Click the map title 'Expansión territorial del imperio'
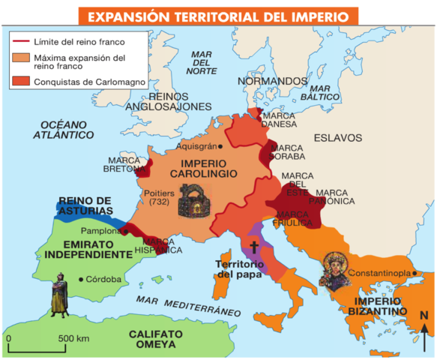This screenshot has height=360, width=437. tap(218, 16)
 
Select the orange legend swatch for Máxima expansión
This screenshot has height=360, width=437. tap(20, 57)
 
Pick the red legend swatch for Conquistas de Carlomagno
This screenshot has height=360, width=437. tap(20, 81)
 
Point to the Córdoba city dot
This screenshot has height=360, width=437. tap(81, 280)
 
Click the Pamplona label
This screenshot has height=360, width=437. tap(100, 231)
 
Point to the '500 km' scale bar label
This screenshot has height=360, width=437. tap(73, 338)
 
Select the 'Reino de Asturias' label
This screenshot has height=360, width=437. tap(85, 205)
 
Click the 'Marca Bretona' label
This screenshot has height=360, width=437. tap(124, 164)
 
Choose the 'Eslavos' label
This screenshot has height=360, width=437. tap(337, 137)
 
